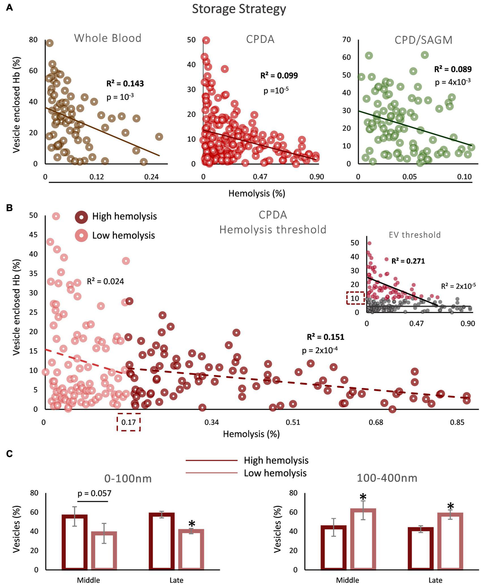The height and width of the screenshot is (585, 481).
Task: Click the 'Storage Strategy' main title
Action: tap(239, 9)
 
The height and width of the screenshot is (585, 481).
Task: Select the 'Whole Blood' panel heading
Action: tap(108, 38)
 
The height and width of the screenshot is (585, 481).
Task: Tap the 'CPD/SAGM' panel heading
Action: tap(423, 40)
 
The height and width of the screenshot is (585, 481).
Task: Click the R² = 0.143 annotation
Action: tap(125, 83)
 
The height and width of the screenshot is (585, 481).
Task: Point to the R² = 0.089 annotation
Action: tap(453, 69)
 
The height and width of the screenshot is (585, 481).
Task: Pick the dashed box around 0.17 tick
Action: tap(129, 423)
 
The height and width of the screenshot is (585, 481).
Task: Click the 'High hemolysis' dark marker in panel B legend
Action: tap(81, 217)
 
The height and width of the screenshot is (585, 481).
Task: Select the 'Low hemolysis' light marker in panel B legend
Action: tap(81, 235)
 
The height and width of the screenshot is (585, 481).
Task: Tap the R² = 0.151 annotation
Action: tap(325, 337)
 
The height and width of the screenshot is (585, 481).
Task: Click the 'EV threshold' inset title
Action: tap(415, 235)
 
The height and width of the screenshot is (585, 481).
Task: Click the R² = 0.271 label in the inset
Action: tap(408, 261)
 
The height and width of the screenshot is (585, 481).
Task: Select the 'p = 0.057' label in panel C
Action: tap(94, 493)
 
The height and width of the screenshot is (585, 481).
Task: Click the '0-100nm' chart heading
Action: tap(128, 479)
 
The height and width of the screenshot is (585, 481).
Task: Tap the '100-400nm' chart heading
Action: tap(387, 478)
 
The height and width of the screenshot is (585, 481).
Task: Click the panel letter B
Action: tap(9, 208)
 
